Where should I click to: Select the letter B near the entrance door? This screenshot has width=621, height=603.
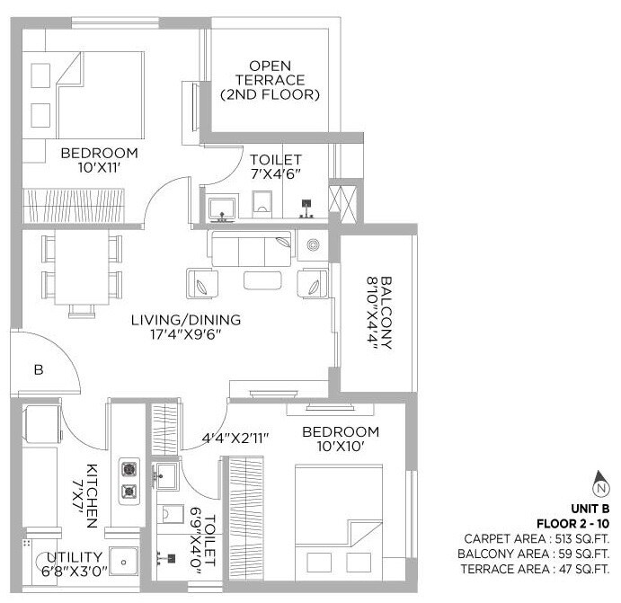(39, 368)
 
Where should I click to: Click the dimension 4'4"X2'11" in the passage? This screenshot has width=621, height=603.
(236, 439)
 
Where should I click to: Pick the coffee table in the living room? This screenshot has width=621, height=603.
(268, 281)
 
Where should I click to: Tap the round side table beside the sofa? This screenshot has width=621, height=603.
(314, 244)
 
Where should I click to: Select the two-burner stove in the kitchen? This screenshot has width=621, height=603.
(129, 479)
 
